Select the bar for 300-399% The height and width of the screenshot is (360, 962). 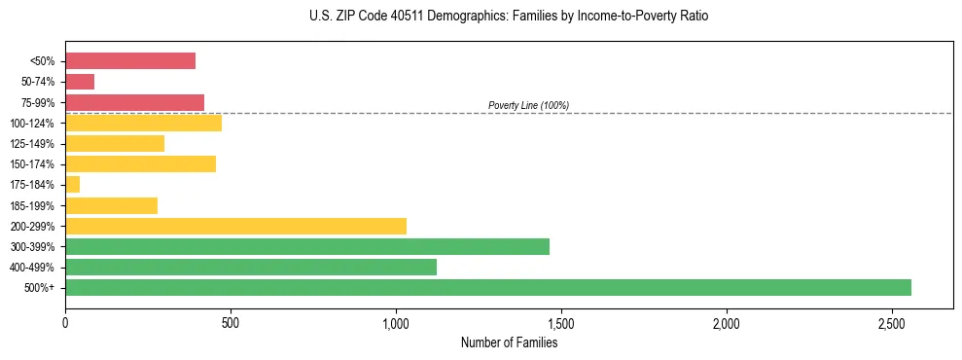click(307, 246)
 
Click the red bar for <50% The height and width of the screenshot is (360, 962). click(130, 61)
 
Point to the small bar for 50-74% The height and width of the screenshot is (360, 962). click(80, 82)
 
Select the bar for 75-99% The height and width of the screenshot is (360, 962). click(134, 102)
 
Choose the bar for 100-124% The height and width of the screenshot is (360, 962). click(143, 123)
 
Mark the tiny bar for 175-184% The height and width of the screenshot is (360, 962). click(73, 184)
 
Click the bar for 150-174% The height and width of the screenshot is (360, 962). click(140, 163)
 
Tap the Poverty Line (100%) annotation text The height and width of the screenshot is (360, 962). click(528, 105)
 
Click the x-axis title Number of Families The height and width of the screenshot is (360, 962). click(509, 342)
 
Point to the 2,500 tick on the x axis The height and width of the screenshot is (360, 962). click(892, 322)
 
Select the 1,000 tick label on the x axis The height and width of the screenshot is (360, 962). click(396, 322)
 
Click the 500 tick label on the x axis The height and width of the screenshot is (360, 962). click(231, 322)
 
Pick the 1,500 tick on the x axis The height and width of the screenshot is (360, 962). click(561, 322)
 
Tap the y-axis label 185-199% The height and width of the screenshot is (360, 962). click(32, 205)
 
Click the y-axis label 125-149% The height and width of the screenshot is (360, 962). click(32, 144)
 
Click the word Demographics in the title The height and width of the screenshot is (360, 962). click(451, 17)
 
